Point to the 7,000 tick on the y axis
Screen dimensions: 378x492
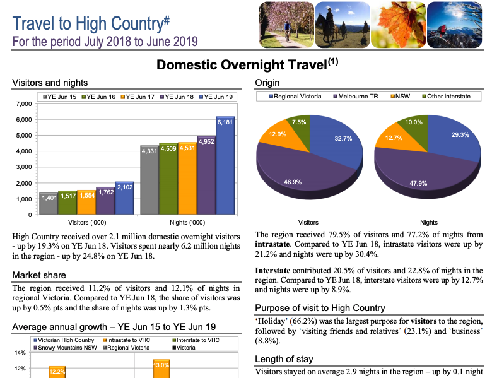[x=23, y=103]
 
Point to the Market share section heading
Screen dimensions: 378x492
[x=39, y=275]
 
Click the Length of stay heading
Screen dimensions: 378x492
[x=283, y=359]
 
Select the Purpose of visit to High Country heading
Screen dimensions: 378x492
[x=320, y=308]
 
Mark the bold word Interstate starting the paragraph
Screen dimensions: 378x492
[x=272, y=270]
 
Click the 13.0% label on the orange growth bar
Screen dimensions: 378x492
[x=161, y=365]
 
